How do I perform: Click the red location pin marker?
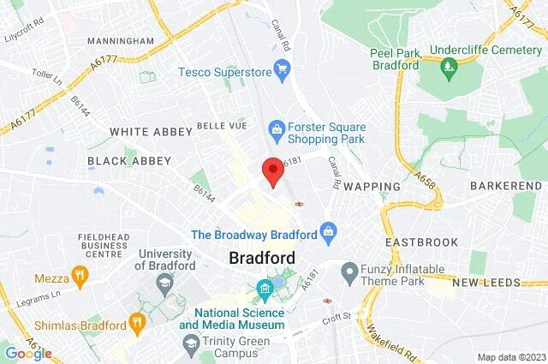pyautogui.click(x=272, y=170)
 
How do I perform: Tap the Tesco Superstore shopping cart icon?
pyautogui.click(x=282, y=68)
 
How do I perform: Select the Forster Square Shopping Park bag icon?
pyautogui.click(x=276, y=128)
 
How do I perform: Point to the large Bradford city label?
pyautogui.click(x=262, y=258)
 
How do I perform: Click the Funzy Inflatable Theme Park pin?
pyautogui.click(x=348, y=274)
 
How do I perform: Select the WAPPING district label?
pyautogui.click(x=372, y=186)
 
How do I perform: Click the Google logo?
pyautogui.click(x=27, y=353)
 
